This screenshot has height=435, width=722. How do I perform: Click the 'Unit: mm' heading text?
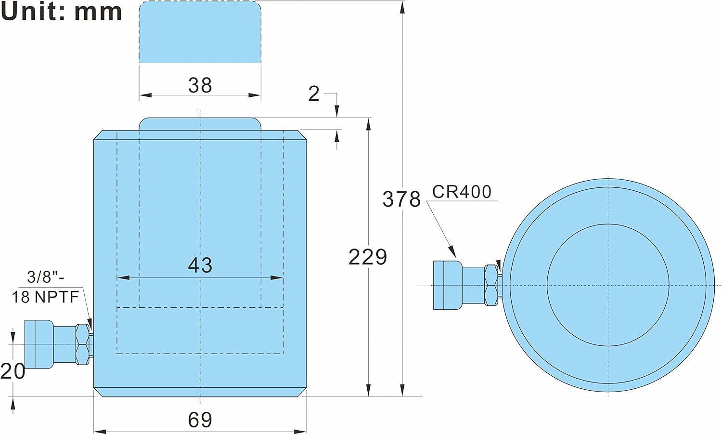coord(61,12)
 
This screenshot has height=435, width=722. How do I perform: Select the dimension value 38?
coord(200,85)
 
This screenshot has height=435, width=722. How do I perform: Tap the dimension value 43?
coord(200,265)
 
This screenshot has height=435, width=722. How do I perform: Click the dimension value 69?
coord(200,420)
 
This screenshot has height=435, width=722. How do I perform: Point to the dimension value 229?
coord(367,257)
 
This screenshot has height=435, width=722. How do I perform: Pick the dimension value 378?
coord(401,199)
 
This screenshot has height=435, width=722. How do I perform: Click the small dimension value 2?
coord(314,94)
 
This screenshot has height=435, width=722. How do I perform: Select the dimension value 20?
coord(13,371)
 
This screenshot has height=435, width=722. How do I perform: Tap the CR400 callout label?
coord(462,192)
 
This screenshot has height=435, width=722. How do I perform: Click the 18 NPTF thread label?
coord(45,297)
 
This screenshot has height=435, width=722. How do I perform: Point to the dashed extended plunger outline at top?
coord(200,32)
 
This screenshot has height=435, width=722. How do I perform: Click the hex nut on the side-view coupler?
coord(82,344)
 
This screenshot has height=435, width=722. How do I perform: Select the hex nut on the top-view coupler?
coord(491,285)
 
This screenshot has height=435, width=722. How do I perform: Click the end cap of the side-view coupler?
coord(39,344)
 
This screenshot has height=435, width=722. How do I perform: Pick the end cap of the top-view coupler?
coord(448,285)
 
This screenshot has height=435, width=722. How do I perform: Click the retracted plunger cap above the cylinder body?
coord(200,124)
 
